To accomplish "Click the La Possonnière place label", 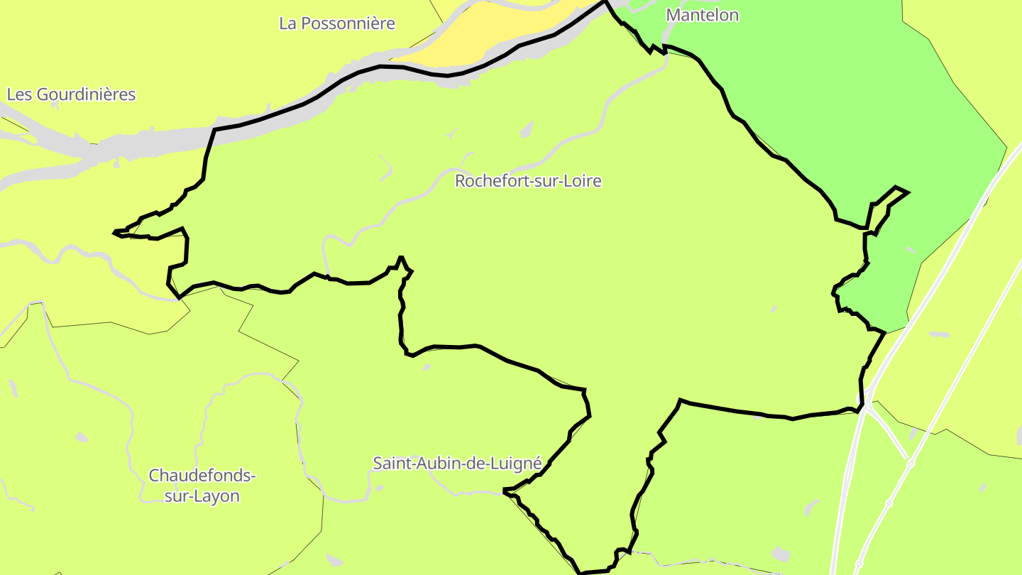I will pyautogui.click(x=337, y=23).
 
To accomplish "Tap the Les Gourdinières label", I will pyautogui.click(x=71, y=94).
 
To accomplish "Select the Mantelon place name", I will pyautogui.click(x=702, y=15).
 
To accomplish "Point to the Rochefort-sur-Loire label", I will pyautogui.click(x=528, y=181).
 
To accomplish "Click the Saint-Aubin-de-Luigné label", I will pyautogui.click(x=457, y=464).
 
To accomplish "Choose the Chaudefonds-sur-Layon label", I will pyautogui.click(x=202, y=486).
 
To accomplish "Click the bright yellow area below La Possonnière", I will pyautogui.click(x=490, y=32).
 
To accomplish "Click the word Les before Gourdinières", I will pyautogui.click(x=19, y=94).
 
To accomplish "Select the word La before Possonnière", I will pyautogui.click(x=287, y=23).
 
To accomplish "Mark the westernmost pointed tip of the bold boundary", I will pyautogui.click(x=114, y=231).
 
